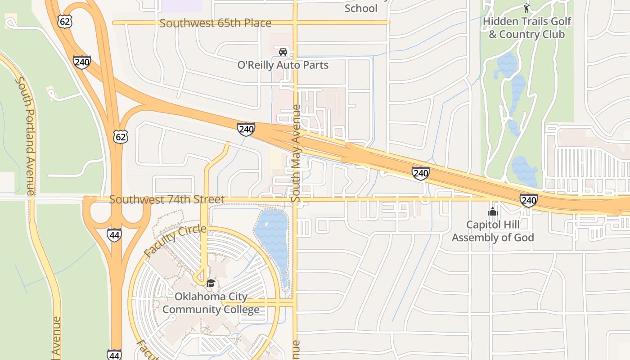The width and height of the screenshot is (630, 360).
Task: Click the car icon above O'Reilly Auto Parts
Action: tap(283, 52)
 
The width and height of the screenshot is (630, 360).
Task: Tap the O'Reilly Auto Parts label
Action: tap(283, 65)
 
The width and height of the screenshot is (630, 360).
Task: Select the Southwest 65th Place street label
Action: tap(215, 23)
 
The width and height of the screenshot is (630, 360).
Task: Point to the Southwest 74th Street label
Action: tap(166, 199)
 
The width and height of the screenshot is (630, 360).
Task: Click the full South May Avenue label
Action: tap(296, 153)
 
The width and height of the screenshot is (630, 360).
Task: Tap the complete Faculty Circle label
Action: tap(175, 241)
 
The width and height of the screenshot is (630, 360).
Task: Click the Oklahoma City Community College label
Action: tap(211, 303)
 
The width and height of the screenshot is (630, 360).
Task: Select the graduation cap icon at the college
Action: tap(211, 283)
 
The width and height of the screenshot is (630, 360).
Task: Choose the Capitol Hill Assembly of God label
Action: tap(493, 231)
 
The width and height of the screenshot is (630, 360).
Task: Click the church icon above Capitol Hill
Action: tap(493, 211)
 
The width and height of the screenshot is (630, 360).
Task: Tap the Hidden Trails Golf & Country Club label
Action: tap(526, 27)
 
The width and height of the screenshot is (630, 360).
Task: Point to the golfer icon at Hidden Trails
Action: tap(526, 8)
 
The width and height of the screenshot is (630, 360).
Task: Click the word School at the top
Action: tap(361, 8)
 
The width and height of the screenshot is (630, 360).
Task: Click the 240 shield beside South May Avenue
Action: tap(246, 130)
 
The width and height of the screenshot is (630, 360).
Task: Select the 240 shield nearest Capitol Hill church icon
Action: tap(528, 200)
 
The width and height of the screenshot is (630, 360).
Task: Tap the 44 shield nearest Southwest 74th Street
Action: tap(114, 235)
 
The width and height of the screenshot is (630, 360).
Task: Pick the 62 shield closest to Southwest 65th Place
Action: tap(65, 21)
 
